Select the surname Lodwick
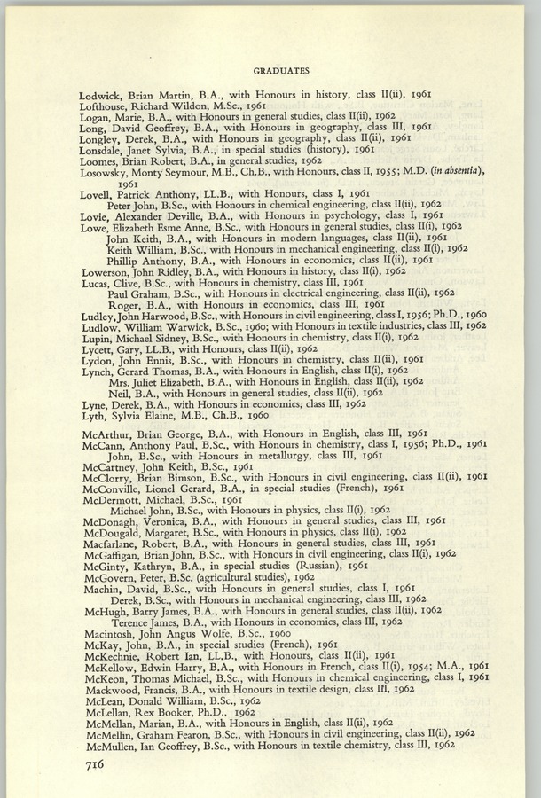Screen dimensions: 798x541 103,94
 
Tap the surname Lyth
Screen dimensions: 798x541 95,416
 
